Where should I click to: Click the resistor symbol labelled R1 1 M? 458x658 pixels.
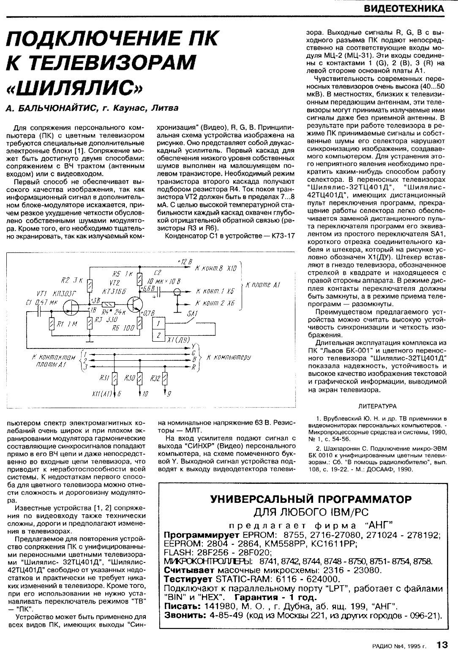click(x=52, y=325)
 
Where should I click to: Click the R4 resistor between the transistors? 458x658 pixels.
click(x=108, y=304)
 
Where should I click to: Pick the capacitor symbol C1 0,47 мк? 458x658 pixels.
click(x=39, y=312)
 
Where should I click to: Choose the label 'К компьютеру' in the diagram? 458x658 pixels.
click(x=229, y=357)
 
